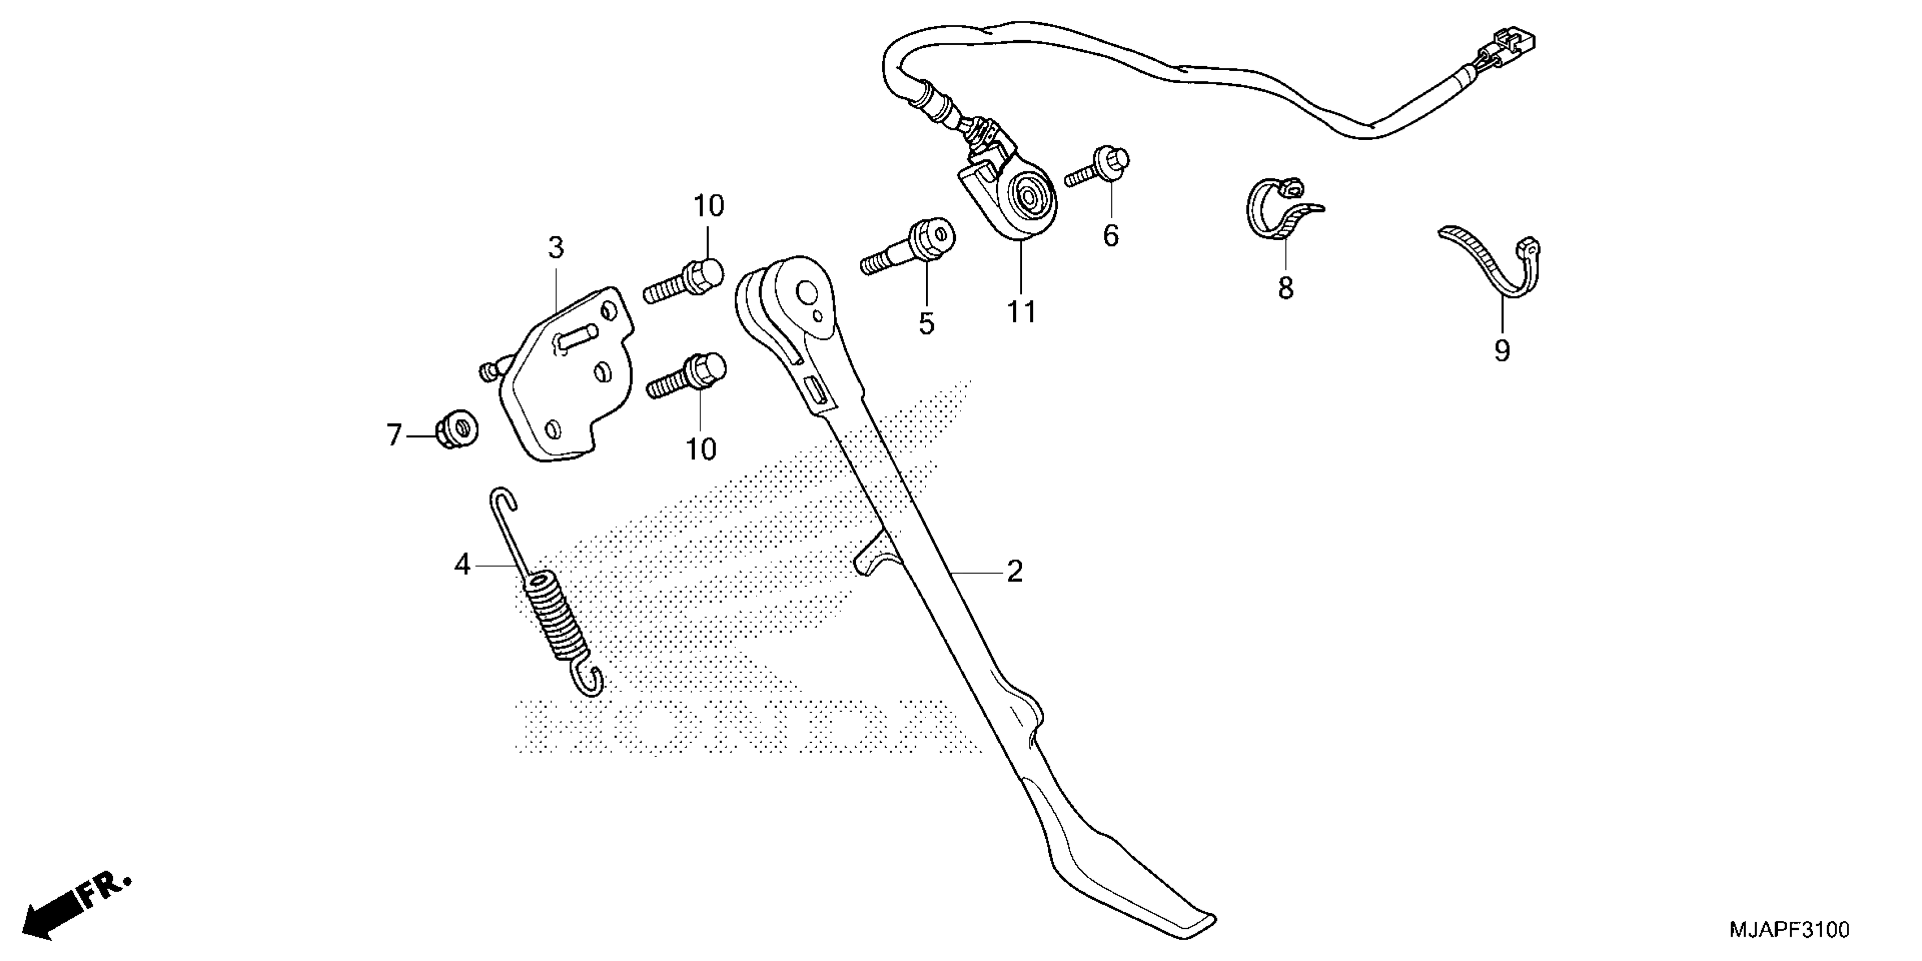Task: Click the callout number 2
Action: [1014, 572]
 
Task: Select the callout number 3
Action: [556, 248]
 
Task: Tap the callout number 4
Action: [462, 565]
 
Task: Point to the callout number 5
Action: [926, 323]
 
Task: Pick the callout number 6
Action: [1111, 236]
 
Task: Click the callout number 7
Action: [394, 434]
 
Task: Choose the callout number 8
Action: [1285, 288]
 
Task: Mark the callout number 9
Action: [1502, 350]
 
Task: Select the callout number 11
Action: [1021, 312]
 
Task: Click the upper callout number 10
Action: [709, 206]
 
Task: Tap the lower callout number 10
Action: [700, 449]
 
